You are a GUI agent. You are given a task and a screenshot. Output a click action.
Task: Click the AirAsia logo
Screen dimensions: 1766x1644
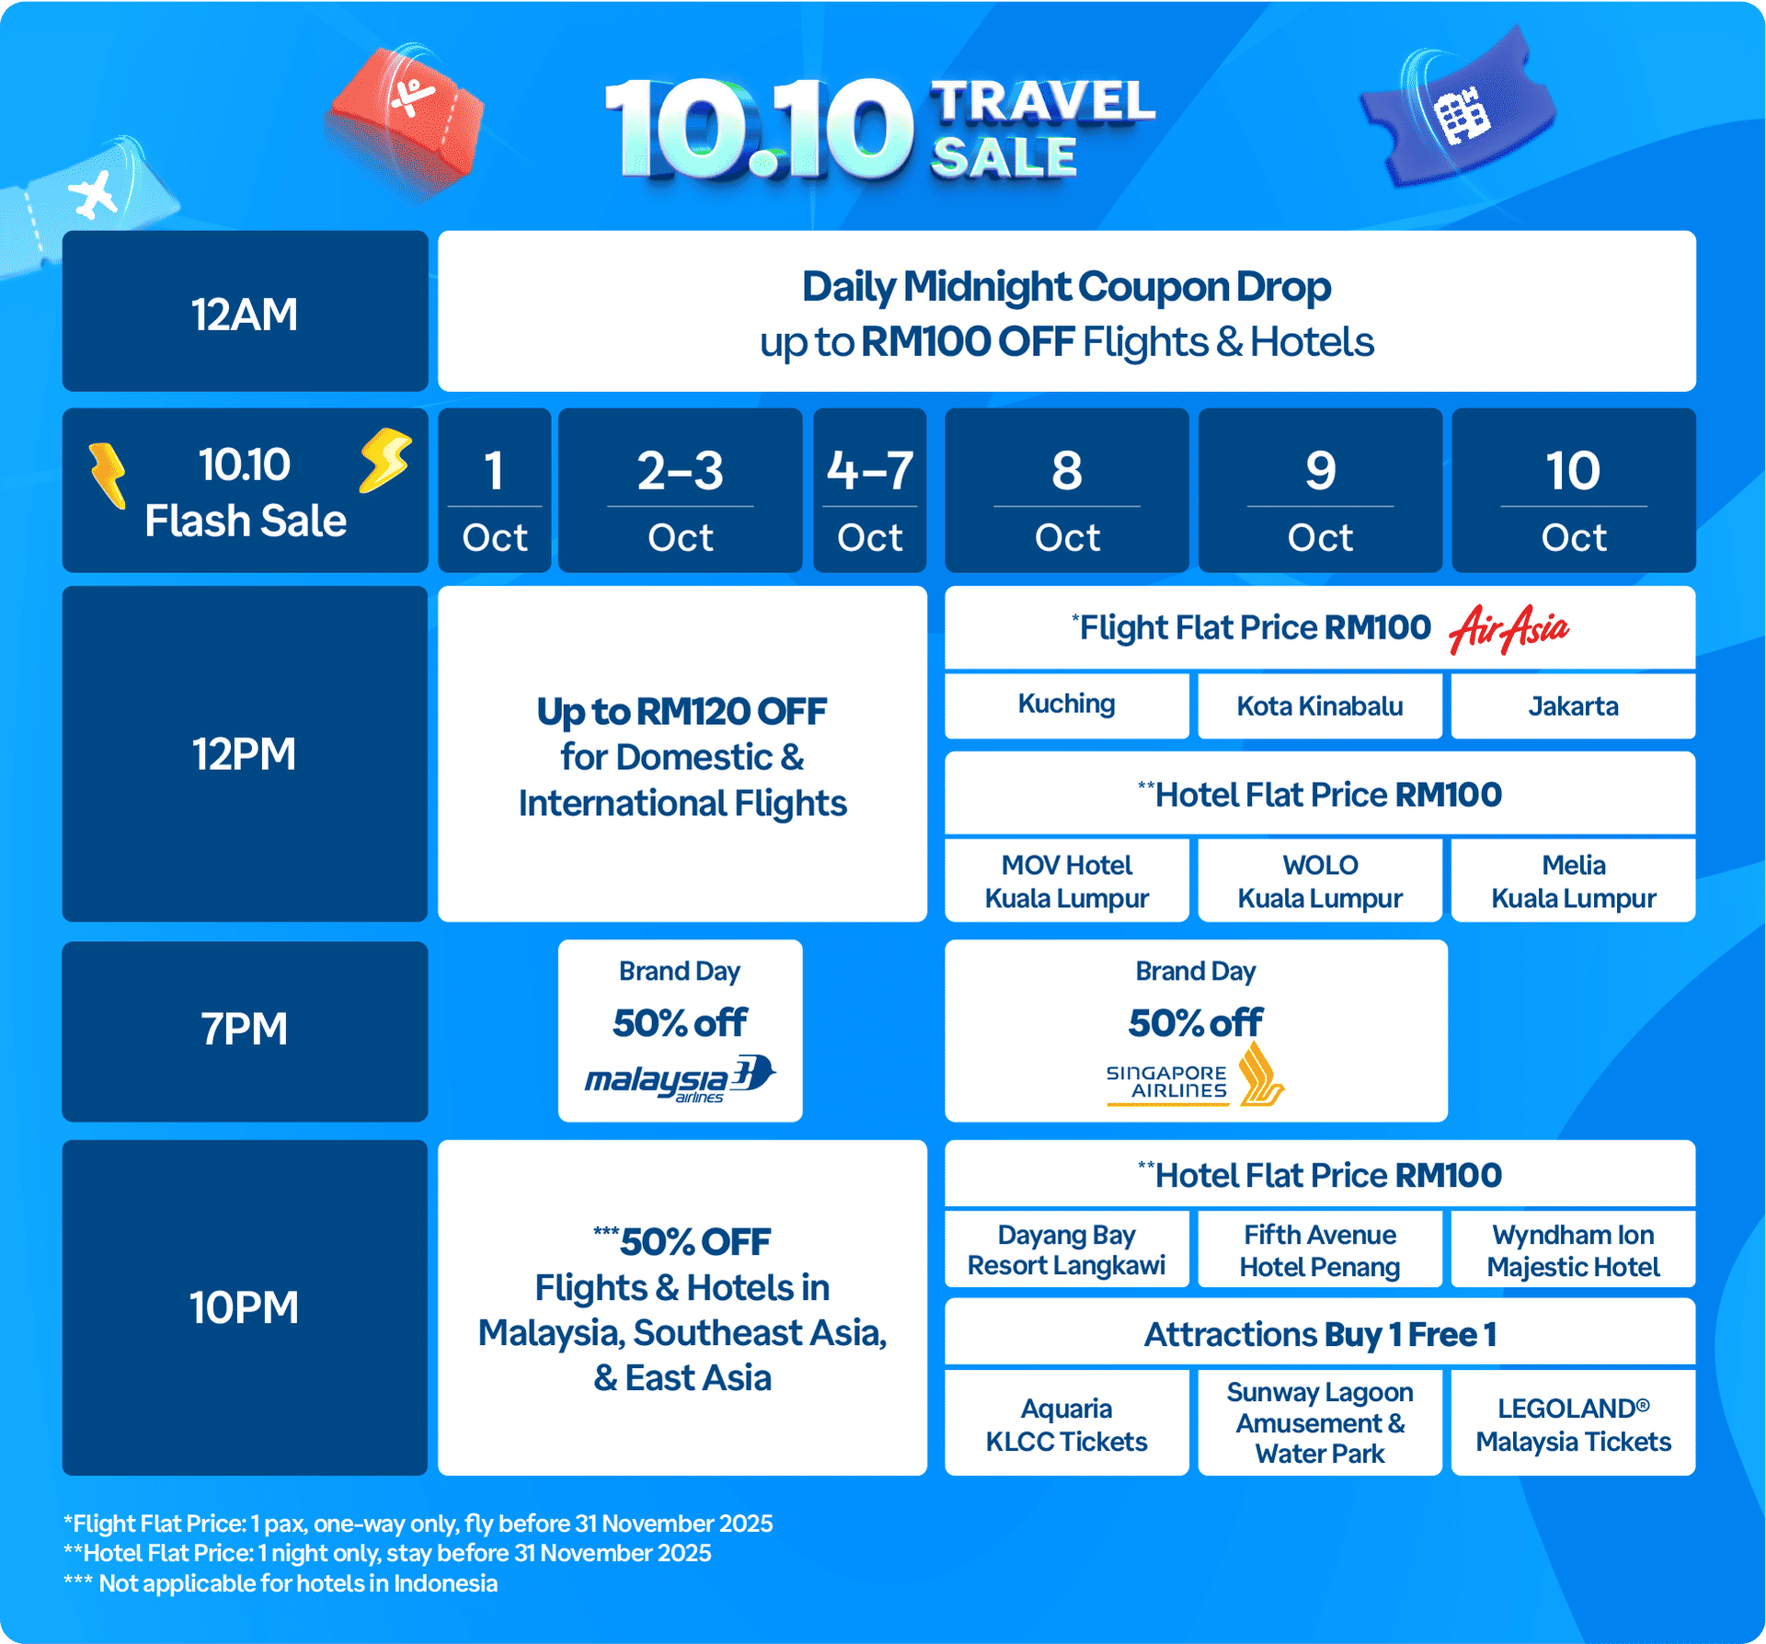[x=1508, y=629]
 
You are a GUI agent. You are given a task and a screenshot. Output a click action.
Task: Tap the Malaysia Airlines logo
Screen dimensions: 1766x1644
[x=681, y=1078]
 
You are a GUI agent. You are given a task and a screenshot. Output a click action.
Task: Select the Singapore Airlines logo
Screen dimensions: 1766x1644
[x=1195, y=1075]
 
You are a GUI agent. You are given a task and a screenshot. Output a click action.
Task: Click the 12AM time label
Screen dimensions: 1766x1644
[x=245, y=314]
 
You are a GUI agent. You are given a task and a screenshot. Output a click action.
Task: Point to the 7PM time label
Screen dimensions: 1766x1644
[x=245, y=1029]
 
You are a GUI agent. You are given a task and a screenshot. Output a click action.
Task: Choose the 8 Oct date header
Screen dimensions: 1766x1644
[x=1067, y=491]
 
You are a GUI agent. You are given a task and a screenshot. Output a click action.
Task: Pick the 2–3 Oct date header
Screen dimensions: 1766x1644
[x=681, y=491]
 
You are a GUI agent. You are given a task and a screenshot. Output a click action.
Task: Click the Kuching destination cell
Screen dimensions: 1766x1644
[x=1067, y=705]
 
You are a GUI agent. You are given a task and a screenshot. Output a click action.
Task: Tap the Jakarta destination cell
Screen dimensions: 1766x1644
[x=1574, y=706]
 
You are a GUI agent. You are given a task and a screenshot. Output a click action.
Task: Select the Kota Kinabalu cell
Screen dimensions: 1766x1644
[x=1320, y=706]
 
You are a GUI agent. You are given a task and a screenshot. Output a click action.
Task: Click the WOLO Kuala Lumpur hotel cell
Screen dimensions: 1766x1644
[x=1320, y=880]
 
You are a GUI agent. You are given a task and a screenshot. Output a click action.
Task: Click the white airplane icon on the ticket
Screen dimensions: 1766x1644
[x=94, y=195]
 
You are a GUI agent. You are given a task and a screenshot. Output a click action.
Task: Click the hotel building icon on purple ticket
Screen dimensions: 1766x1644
[x=1462, y=115]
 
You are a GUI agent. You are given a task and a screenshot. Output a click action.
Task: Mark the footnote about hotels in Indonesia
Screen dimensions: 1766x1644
[x=281, y=1583]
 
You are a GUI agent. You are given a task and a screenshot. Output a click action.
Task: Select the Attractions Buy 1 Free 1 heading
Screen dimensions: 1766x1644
[x=1320, y=1334]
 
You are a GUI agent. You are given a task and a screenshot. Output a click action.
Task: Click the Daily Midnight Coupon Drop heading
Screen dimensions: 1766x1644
[x=1067, y=287]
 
